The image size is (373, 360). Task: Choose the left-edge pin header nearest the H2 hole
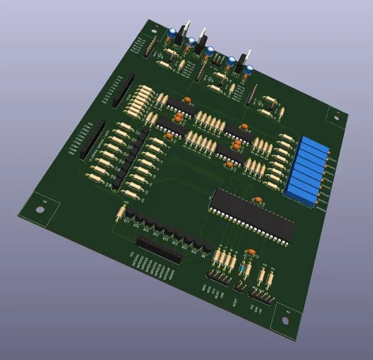click(91, 140)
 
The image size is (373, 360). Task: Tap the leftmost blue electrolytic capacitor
click(174, 32)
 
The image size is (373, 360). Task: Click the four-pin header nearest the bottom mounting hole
click(261, 295)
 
